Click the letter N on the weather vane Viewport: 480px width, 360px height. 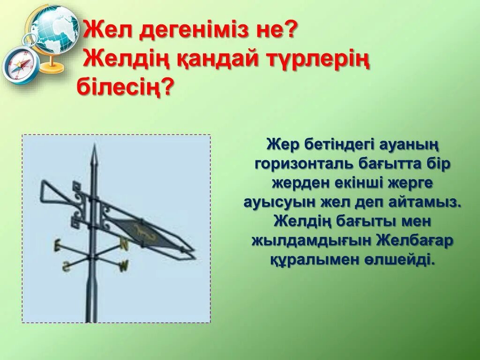[124, 244]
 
